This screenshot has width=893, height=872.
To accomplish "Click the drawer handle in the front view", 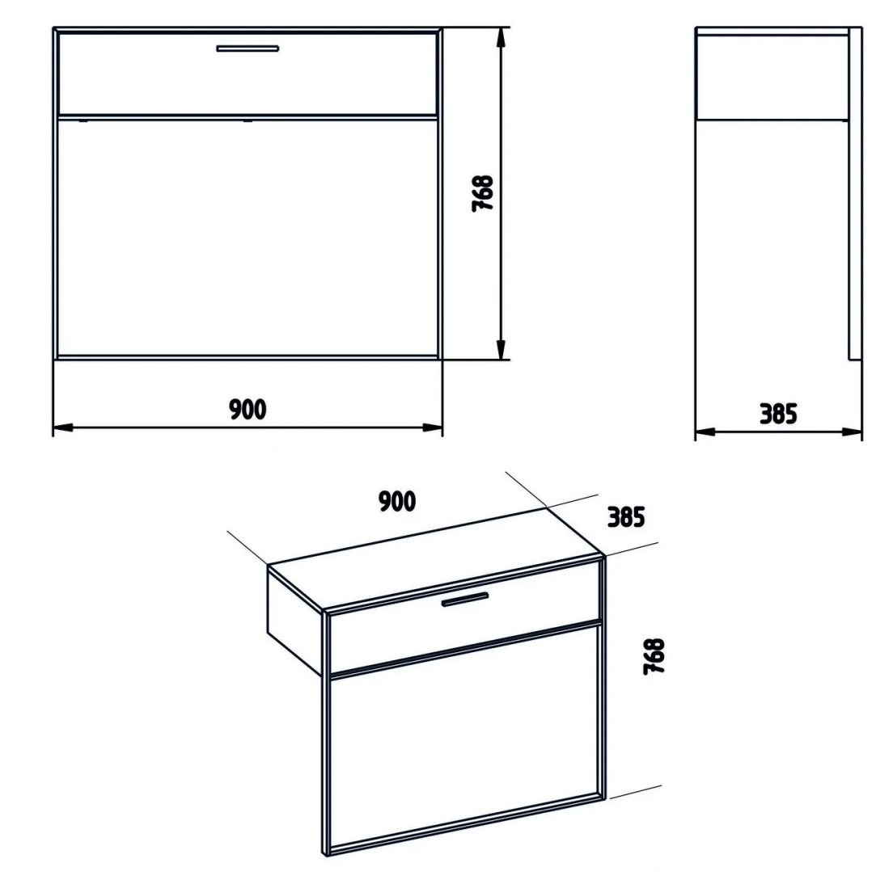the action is [248, 48].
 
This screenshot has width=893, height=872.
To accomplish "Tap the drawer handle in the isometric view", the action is [465, 600].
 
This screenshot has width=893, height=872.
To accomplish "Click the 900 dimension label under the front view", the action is [248, 409].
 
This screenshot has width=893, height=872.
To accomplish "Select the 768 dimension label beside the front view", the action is [482, 193].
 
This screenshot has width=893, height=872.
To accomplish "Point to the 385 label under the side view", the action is [778, 414].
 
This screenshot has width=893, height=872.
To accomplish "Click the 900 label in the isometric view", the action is [397, 501].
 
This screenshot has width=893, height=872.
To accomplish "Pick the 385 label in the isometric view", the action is [626, 516].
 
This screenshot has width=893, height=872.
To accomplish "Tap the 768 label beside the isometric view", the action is [654, 656].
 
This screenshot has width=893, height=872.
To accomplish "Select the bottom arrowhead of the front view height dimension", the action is [502, 349].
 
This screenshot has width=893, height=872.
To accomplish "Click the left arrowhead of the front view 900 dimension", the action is [62, 428].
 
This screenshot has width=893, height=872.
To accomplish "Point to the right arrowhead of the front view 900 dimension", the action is [432, 428].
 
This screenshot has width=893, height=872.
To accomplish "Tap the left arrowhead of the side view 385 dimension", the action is [705, 432].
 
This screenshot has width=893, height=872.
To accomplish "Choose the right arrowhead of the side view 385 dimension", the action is [852, 432].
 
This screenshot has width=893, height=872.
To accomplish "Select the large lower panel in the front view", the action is [248, 238].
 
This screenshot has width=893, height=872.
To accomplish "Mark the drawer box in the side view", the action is [772, 77].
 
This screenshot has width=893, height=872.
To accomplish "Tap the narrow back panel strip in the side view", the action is [855, 193].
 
